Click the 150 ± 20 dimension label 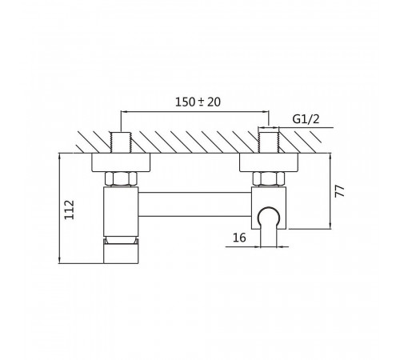[x=198, y=102]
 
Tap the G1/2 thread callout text [x=306, y=119]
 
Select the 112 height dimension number [x=70, y=210]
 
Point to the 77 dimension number [x=340, y=191]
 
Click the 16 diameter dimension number [x=239, y=238]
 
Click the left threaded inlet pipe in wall [x=121, y=142]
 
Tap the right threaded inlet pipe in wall [x=269, y=142]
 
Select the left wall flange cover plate [x=121, y=162]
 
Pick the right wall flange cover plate [x=269, y=162]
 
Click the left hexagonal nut [x=121, y=179]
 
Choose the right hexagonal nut [x=269, y=179]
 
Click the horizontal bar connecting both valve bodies [x=195, y=204]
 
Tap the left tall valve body [x=121, y=211]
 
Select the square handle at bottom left [x=121, y=251]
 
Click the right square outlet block [x=269, y=208]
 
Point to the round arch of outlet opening [x=269, y=207]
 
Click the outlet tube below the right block [x=269, y=236]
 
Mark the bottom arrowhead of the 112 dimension [x=59, y=261]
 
